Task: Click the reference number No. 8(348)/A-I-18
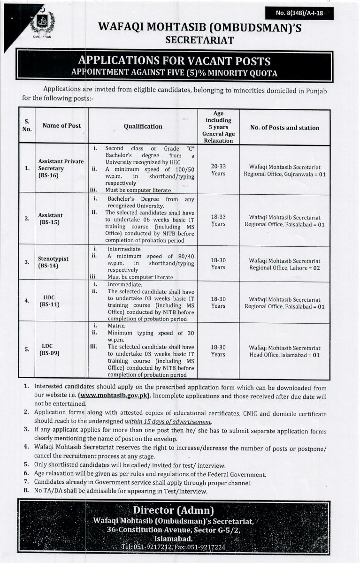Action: coord(299,14)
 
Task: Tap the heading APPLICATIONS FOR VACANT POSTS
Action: coord(174,61)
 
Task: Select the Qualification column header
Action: coord(143,126)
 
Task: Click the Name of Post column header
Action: coord(61,126)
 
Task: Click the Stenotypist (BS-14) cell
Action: coord(53,262)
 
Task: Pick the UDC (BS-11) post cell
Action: coord(49,301)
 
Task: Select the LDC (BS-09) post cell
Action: coord(49,350)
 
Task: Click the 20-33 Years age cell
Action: coord(218,170)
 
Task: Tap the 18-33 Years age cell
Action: coord(218,220)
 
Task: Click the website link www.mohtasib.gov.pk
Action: coord(115,395)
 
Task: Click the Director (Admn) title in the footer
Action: coord(174,510)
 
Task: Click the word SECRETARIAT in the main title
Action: coord(199,40)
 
